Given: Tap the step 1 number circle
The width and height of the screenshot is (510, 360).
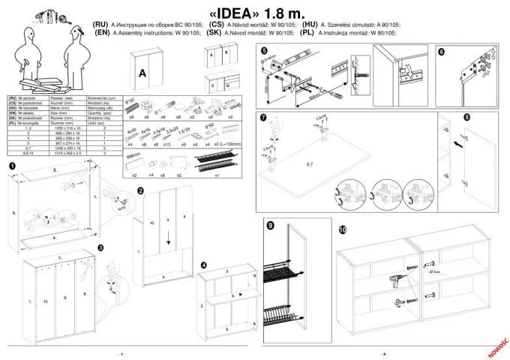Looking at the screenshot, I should (13, 165).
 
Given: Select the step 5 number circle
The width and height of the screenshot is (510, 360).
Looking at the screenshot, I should (263, 51).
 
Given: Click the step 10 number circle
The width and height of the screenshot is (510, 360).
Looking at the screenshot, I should (343, 229).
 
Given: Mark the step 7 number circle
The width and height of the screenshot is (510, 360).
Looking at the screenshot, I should (263, 118).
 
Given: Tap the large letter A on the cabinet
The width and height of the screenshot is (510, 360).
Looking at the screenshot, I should (141, 73).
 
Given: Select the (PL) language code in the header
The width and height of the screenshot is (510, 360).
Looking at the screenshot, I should (306, 33).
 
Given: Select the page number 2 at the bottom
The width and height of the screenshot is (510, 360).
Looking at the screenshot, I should (384, 353).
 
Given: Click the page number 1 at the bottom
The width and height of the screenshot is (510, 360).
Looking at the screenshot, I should (121, 353).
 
